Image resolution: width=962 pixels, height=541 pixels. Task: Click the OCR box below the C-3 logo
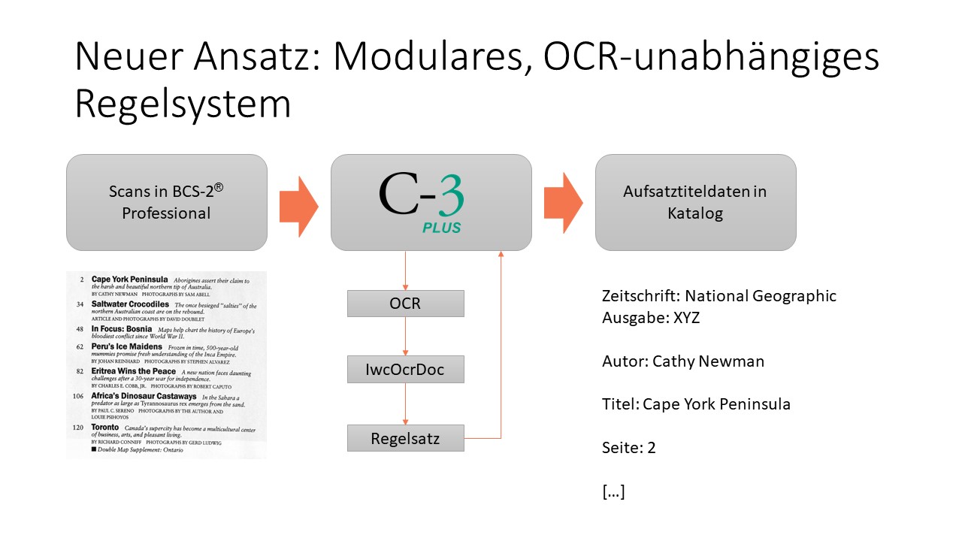(406, 304)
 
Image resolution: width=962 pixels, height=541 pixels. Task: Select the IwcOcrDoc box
(406, 370)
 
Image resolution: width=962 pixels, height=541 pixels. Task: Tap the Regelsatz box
(406, 438)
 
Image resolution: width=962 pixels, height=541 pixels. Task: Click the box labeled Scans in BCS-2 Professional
(167, 202)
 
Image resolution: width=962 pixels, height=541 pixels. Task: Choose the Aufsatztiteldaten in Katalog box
(695, 202)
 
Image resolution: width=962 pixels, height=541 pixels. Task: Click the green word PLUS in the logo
(440, 227)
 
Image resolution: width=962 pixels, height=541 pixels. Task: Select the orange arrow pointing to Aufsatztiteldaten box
(563, 202)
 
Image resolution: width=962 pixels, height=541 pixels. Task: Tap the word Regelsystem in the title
(183, 104)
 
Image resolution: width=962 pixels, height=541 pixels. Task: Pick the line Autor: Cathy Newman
(683, 361)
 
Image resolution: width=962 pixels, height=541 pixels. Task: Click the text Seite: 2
(629, 448)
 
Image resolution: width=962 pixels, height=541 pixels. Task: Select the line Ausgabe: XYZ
(651, 317)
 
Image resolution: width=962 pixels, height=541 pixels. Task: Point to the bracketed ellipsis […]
(613, 492)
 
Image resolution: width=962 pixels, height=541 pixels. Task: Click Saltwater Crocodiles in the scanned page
(132, 304)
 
